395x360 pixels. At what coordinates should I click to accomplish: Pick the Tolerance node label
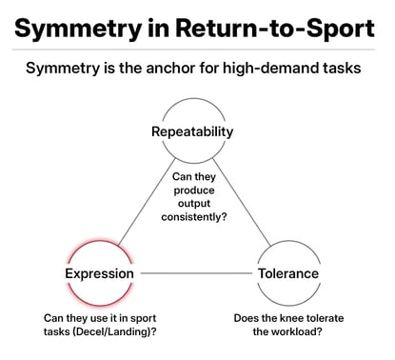click(288, 274)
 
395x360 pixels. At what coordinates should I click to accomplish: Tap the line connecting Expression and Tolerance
click(195, 274)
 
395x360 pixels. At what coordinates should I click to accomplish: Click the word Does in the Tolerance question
click(248, 317)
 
